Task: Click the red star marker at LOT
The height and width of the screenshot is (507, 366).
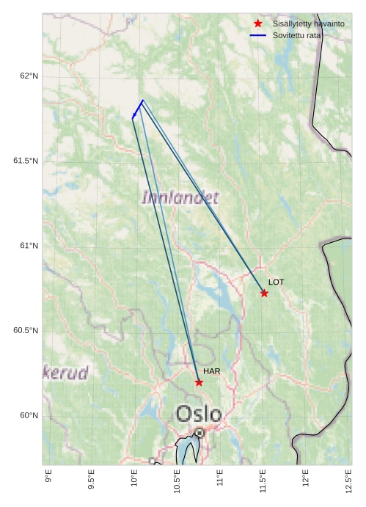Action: [x=264, y=293]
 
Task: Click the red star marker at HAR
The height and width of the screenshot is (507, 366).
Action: [x=199, y=382]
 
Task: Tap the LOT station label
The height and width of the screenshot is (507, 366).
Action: [x=276, y=282]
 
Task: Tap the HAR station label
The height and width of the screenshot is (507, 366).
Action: [x=211, y=371]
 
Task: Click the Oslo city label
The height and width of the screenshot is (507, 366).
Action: [x=198, y=414]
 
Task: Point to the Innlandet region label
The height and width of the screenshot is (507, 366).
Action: [x=180, y=197]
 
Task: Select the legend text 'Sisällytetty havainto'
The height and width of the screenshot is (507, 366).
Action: [x=308, y=24]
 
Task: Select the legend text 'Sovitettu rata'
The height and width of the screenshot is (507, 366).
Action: [x=296, y=35]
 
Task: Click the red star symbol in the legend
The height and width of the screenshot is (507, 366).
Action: [x=257, y=24]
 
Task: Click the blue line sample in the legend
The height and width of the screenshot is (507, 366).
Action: [x=257, y=35]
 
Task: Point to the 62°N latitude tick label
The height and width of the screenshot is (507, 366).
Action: [x=29, y=76]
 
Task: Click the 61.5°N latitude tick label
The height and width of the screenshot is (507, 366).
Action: [x=26, y=161]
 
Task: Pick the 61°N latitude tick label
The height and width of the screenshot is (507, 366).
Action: [x=29, y=246]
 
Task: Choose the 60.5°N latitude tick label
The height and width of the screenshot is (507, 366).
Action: [x=26, y=331]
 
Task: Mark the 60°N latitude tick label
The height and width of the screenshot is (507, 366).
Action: [x=29, y=415]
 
